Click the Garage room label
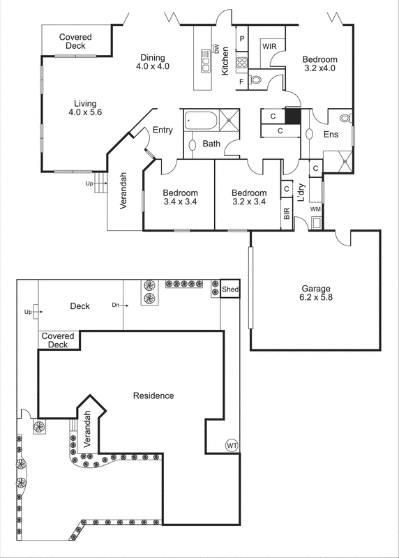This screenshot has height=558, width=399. tap(316, 293)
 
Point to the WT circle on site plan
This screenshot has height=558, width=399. tap(232, 445)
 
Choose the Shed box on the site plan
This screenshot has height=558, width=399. tap(230, 289)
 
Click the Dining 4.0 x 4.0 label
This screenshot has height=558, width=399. tap(153, 62)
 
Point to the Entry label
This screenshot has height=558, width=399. tap(163, 130)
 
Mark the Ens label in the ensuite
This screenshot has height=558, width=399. tap(331, 135)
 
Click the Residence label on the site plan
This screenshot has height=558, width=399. tap(153, 395)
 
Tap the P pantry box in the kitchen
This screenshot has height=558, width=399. tap(242, 40)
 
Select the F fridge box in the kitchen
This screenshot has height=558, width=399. tap(241, 82)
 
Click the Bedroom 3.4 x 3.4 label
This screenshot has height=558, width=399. tap(180, 197)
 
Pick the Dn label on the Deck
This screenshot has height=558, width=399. tap(115, 305)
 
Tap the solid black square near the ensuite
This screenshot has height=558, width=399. tap(292, 116)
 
